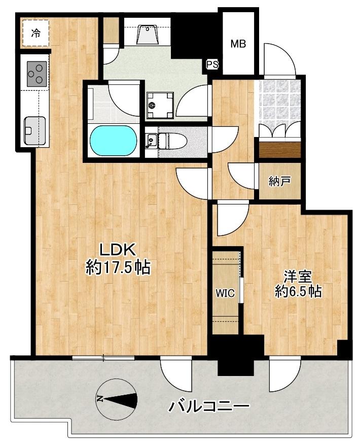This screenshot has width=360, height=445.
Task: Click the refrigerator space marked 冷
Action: pyautogui.click(x=35, y=33)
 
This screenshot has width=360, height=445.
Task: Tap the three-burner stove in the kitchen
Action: pyautogui.click(x=37, y=74)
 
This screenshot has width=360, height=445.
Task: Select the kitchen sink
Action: pyautogui.click(x=35, y=131)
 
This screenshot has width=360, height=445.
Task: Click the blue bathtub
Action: pyautogui.click(x=113, y=141)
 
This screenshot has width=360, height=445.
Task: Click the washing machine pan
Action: pyautogui.click(x=160, y=106)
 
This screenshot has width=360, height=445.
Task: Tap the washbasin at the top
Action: pyautogui.click(x=147, y=35)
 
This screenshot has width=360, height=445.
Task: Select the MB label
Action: pyautogui.click(x=238, y=44)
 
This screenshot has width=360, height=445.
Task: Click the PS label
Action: pyautogui.click(x=212, y=65)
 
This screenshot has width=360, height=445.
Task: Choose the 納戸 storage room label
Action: pyautogui.click(x=279, y=181)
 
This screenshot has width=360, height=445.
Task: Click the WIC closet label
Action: pyautogui.click(x=225, y=293)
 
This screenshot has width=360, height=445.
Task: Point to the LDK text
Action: pyautogui.click(x=117, y=250)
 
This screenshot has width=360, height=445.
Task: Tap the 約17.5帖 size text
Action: pyautogui.click(x=118, y=267)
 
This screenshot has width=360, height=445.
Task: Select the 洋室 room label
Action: pyautogui.click(x=298, y=277)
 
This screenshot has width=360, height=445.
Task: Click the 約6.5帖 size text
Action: pyautogui.click(x=298, y=291)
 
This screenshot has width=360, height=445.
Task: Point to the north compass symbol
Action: pyautogui.click(x=116, y=399)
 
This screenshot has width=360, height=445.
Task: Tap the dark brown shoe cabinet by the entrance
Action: pyautogui.click(x=280, y=149)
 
